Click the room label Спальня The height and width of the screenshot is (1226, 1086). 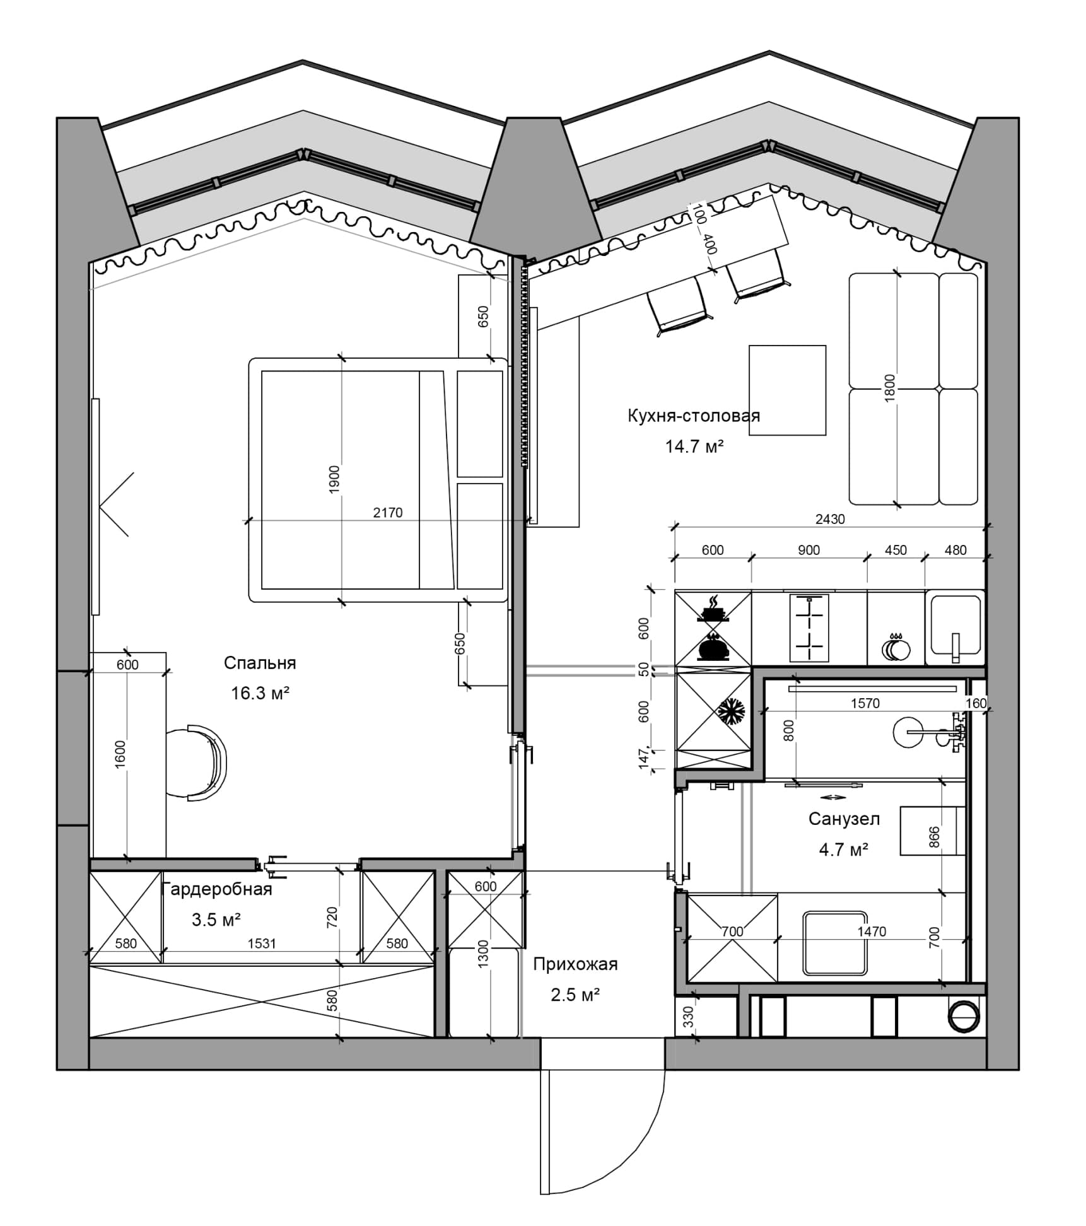260,663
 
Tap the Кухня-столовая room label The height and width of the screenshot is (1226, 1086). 694,416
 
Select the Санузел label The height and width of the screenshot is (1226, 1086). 844,819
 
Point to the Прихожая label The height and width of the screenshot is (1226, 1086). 575,964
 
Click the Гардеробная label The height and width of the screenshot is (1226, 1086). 217,889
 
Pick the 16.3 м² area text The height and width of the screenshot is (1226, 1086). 260,693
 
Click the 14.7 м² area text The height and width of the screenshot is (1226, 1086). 694,447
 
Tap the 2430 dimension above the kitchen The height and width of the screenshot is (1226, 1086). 830,519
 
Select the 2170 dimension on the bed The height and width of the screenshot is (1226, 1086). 387,513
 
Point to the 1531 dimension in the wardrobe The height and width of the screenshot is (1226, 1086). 261,943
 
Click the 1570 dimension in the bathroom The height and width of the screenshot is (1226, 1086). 865,703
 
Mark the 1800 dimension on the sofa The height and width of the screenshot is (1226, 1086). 889,388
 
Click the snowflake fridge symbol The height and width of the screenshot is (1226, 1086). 732,711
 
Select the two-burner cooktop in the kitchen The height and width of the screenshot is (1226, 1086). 809,628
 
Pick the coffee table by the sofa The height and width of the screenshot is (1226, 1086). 787,390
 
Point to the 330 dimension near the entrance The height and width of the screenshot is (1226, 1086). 688,1017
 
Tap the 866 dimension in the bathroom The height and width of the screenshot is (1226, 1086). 934,837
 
